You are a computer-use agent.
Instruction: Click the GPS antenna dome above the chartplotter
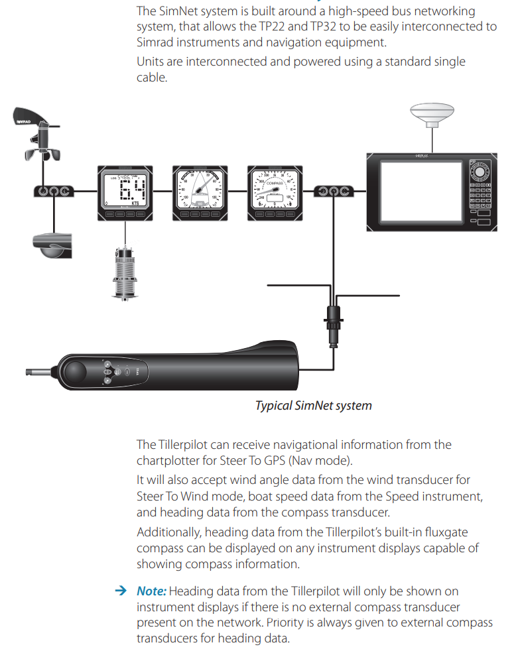click(430, 114)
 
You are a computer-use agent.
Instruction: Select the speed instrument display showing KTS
click(126, 192)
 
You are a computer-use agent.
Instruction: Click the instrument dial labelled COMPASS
click(275, 192)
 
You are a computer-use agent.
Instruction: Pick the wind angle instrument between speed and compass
click(200, 192)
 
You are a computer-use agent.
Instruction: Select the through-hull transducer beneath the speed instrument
click(125, 271)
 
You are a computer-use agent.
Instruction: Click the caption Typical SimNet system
click(313, 405)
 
